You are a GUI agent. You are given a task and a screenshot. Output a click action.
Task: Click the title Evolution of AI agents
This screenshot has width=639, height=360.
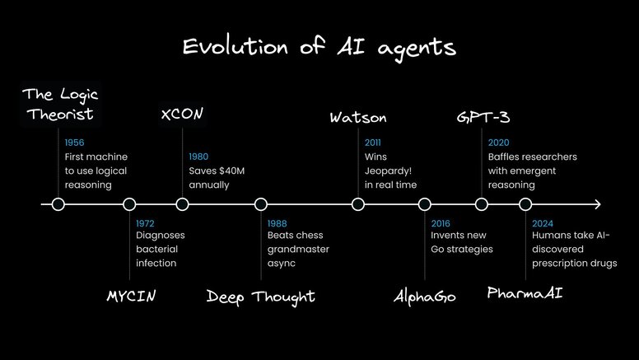coord(319,46)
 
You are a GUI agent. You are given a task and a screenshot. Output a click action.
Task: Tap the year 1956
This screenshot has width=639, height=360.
coord(74,143)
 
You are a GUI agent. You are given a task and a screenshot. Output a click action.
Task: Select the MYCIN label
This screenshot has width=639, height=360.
coord(132,296)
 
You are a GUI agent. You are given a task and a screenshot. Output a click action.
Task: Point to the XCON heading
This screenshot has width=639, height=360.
coord(182,115)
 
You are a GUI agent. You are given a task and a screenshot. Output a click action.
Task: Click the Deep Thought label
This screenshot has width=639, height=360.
coord(260,296)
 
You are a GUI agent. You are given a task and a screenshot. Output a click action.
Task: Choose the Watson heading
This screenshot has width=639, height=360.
coord(357,116)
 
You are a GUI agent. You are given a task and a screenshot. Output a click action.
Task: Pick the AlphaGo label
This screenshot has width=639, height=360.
coord(425,296)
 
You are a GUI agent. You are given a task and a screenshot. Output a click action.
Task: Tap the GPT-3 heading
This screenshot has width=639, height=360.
coord(481,116)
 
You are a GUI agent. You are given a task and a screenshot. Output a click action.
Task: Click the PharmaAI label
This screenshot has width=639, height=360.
coord(525,293)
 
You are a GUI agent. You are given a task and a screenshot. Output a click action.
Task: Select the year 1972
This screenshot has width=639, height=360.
coord(145,222)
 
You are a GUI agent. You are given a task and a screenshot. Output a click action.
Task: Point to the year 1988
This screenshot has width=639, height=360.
coord(277,222)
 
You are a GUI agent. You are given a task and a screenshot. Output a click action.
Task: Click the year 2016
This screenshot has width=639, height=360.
coord(441,222)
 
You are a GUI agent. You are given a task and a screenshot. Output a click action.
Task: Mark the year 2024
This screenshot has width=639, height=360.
coord(542,222)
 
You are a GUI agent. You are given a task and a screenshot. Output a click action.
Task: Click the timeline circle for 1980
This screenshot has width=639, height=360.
coord(183,204)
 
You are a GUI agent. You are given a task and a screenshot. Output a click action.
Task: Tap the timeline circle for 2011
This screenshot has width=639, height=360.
coord(357,204)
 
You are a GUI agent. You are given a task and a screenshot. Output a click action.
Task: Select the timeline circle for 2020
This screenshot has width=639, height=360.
coord(482,204)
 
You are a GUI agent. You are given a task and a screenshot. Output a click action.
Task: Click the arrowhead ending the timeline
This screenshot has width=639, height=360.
coord(597,204)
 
